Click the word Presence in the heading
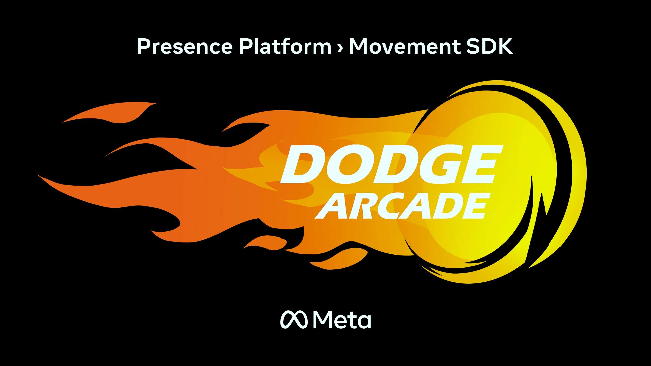(185, 46)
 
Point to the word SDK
(489, 46)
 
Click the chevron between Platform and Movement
(340, 48)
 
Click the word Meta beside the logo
(342, 319)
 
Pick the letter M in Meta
(322, 319)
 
